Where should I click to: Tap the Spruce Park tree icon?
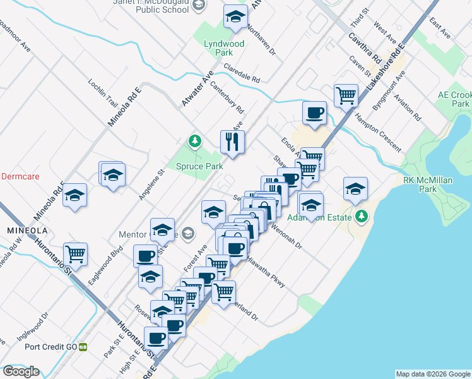pos(196,140)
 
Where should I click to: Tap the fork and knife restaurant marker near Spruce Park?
pos(232,141)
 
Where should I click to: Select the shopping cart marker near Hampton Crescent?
pos(346,96)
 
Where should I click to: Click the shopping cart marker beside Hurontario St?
pos(76,254)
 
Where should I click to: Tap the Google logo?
pos(21,371)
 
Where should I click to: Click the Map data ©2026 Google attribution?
pos(433,374)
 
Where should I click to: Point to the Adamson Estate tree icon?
pos(362,216)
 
